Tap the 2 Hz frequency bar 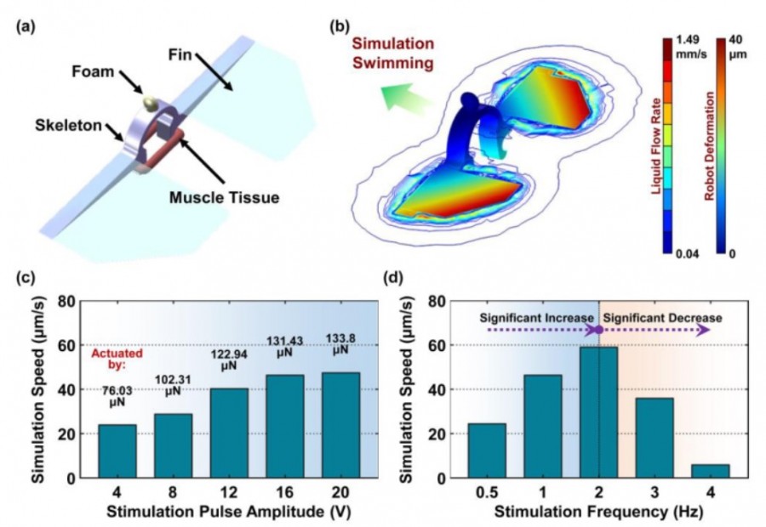click(600, 412)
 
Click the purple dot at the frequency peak click(599, 329)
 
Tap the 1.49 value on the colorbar click(685, 40)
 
